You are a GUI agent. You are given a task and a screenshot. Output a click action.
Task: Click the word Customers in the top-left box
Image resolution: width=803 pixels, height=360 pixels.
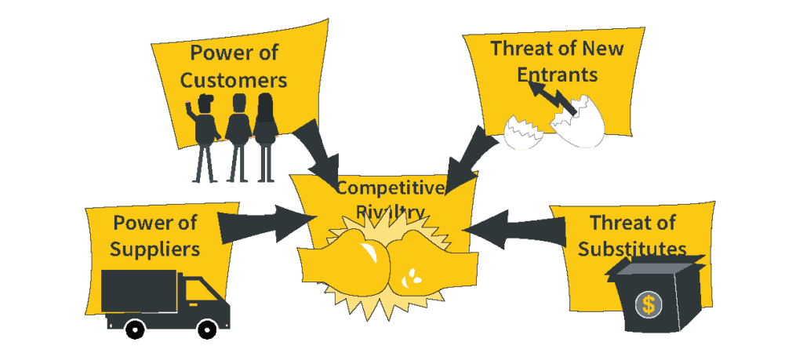coord(238,80)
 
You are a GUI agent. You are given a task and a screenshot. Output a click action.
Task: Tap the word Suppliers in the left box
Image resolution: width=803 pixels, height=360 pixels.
coord(154,249)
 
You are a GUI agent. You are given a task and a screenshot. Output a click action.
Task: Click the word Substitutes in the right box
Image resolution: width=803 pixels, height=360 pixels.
coord(632,249)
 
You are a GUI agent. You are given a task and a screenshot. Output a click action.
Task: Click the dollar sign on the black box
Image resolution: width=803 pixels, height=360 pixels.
coord(648,304)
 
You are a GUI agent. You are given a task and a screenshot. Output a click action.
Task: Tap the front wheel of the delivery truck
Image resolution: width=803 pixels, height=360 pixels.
coord(207,328)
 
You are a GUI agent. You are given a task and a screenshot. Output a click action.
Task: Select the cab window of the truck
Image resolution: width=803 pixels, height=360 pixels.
coord(192,290)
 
